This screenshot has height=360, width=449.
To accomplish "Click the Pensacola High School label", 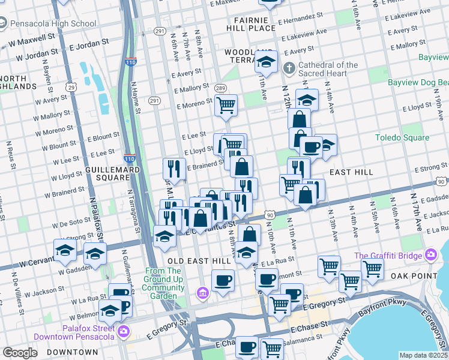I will point(52,24).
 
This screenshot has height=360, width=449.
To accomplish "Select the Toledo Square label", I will point(402,137).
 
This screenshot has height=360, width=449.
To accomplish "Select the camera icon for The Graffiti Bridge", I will point(430,256).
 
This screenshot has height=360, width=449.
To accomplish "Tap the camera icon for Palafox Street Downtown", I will point(123,331).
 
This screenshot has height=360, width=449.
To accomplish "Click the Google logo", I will point(20,353).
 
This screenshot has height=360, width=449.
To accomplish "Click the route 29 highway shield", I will point(71,88).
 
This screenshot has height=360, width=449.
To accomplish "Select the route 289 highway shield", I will point(220,88).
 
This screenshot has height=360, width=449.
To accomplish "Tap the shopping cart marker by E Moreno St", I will point(226,105).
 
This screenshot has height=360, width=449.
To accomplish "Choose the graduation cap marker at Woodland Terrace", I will point(265,61).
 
